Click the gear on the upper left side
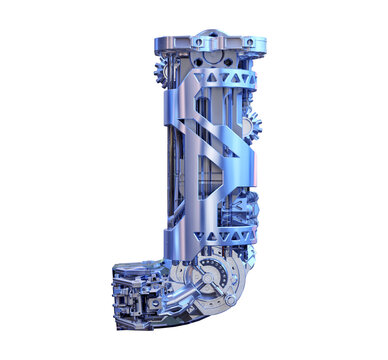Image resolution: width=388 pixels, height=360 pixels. [x=161, y=72]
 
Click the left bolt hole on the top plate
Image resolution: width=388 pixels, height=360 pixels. [x=199, y=42]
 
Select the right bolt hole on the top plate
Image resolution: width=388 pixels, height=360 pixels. [x=249, y=42]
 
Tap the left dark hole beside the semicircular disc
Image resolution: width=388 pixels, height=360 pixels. [x=198, y=62]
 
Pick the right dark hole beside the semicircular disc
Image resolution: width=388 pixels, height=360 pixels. [x=228, y=62]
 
